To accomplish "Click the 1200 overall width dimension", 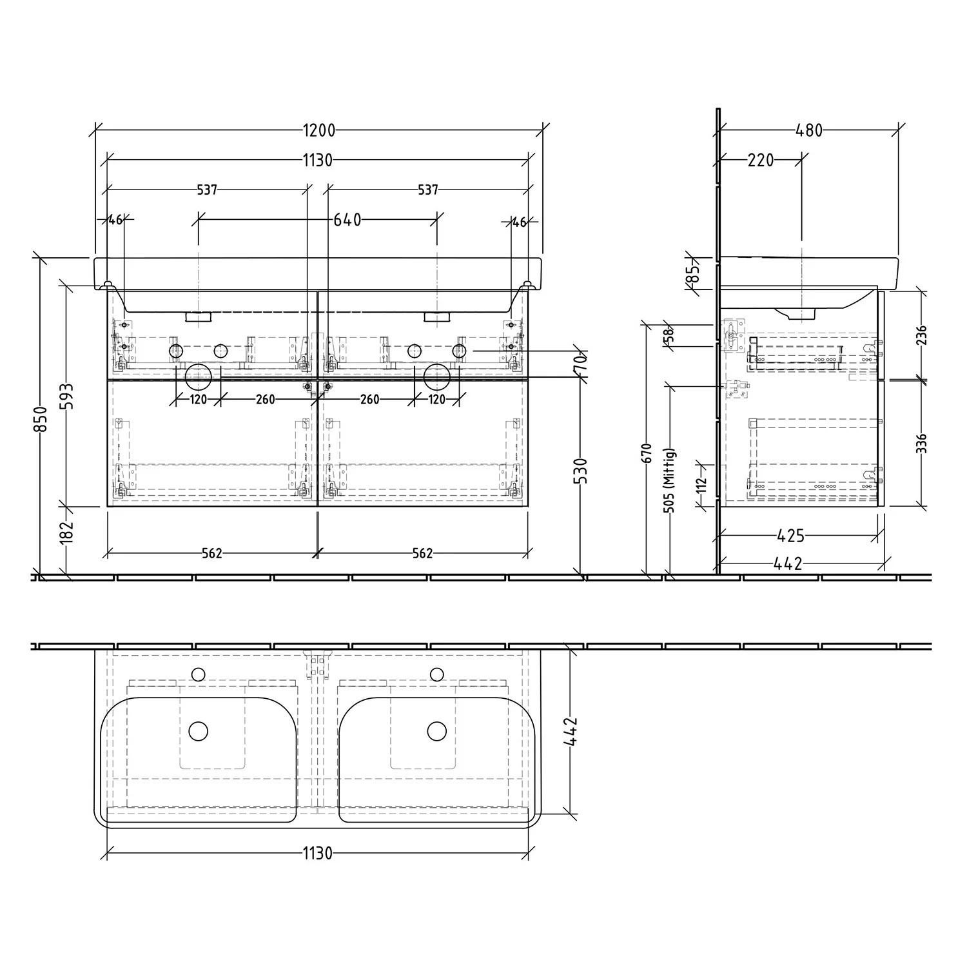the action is pos(319,131).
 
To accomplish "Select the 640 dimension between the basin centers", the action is pos(347,220).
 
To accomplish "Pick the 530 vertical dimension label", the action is pos(581,471).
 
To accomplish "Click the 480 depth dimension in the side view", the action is pos(809,131).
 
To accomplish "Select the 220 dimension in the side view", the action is pos(761,160).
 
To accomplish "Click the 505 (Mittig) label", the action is pos(669,480).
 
